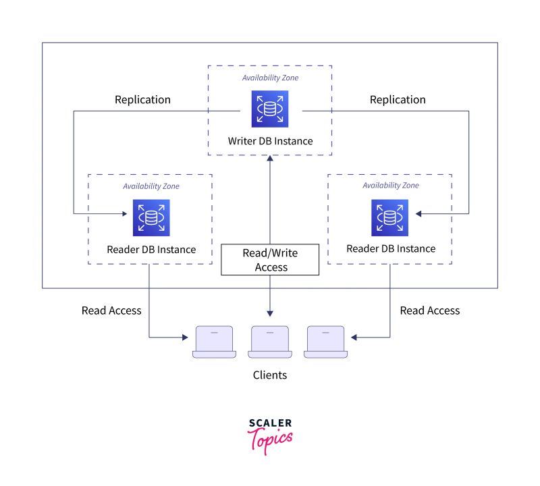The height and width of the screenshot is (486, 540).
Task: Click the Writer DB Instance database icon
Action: pos(269,109)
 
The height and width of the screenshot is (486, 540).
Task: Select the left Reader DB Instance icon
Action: pos(151,217)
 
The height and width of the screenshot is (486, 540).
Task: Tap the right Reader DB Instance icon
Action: pos(389,217)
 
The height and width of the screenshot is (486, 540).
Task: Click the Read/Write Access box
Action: pos(270,260)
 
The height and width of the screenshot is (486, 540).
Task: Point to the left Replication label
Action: pos(142,100)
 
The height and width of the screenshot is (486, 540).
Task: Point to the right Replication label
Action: pos(398,100)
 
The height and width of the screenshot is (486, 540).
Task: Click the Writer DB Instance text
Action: pos(270,141)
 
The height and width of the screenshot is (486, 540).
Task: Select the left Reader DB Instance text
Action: pos(151,249)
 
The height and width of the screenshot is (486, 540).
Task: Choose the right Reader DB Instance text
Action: pos(391,249)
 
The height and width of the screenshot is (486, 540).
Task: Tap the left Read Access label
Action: pos(111,310)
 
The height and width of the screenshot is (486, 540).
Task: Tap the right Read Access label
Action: pos(430,310)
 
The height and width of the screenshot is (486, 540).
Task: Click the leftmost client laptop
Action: pos(213,342)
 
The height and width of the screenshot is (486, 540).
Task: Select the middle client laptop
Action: pos(270,342)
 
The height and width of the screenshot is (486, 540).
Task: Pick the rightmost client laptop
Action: pos(325,342)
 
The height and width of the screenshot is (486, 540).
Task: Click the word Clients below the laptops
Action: pos(270,375)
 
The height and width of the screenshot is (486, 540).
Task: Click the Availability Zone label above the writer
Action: pos(270,78)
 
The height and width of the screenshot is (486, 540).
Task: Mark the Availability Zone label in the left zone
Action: pos(151,186)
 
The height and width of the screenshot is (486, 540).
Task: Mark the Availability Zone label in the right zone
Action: pos(391,186)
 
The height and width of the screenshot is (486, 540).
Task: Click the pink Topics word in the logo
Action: pos(272,441)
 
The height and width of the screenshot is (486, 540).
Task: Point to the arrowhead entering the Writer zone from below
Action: pos(270,159)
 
